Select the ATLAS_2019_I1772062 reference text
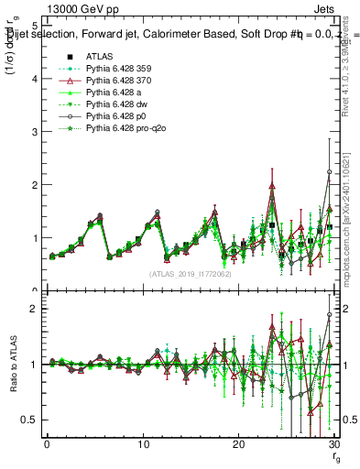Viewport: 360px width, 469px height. (x=191, y=273)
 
